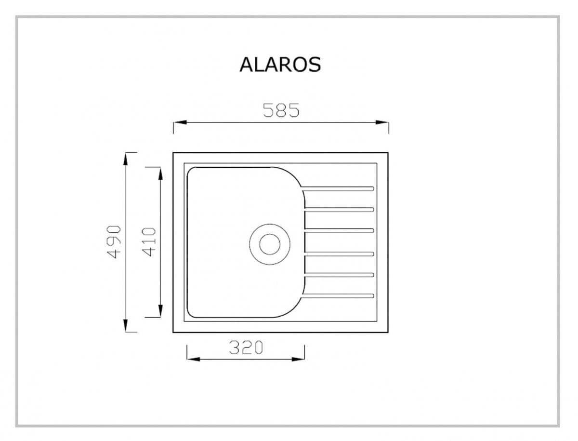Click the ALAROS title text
(280, 65)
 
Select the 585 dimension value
(281, 110)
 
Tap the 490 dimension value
(114, 242)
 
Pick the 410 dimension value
(149, 242)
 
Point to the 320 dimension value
(246, 347)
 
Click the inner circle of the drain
(270, 244)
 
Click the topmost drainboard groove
(338, 188)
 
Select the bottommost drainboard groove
(338, 296)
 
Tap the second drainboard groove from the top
(340, 210)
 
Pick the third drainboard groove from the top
(340, 231)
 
